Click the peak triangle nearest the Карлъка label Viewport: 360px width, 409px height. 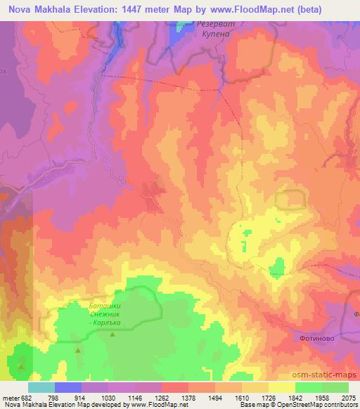pos(112,336)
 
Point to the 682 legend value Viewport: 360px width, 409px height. pos(24,397)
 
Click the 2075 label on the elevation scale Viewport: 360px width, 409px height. pos(348,397)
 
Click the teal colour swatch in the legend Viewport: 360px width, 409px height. pos(41,387)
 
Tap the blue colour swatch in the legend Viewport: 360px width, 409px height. pos(68,387)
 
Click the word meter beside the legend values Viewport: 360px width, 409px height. pos(9,397)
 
